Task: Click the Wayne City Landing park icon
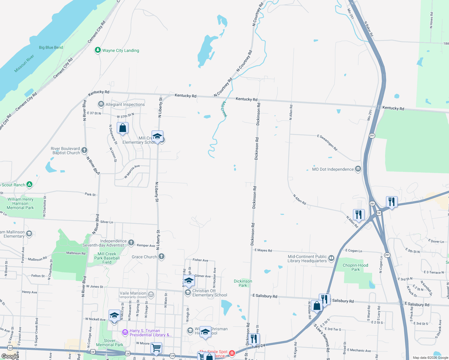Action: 98,50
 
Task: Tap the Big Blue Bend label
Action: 51,47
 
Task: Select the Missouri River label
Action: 24,64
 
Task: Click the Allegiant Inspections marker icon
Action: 101,104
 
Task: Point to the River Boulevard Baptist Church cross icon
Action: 84,150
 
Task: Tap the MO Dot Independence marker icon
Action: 358,169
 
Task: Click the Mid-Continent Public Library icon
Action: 331,258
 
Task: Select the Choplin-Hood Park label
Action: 355,267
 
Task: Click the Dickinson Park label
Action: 243,283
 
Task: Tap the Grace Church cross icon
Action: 161,256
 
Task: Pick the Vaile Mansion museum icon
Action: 151,295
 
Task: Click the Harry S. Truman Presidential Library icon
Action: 125,332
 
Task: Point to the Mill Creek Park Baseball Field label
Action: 107,258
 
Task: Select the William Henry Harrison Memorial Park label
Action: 20,203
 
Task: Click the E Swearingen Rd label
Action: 327,142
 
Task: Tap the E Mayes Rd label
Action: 263,250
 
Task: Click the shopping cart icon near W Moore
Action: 156,348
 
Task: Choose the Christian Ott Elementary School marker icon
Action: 188,292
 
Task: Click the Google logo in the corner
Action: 10,356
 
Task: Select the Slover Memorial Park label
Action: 110,343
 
